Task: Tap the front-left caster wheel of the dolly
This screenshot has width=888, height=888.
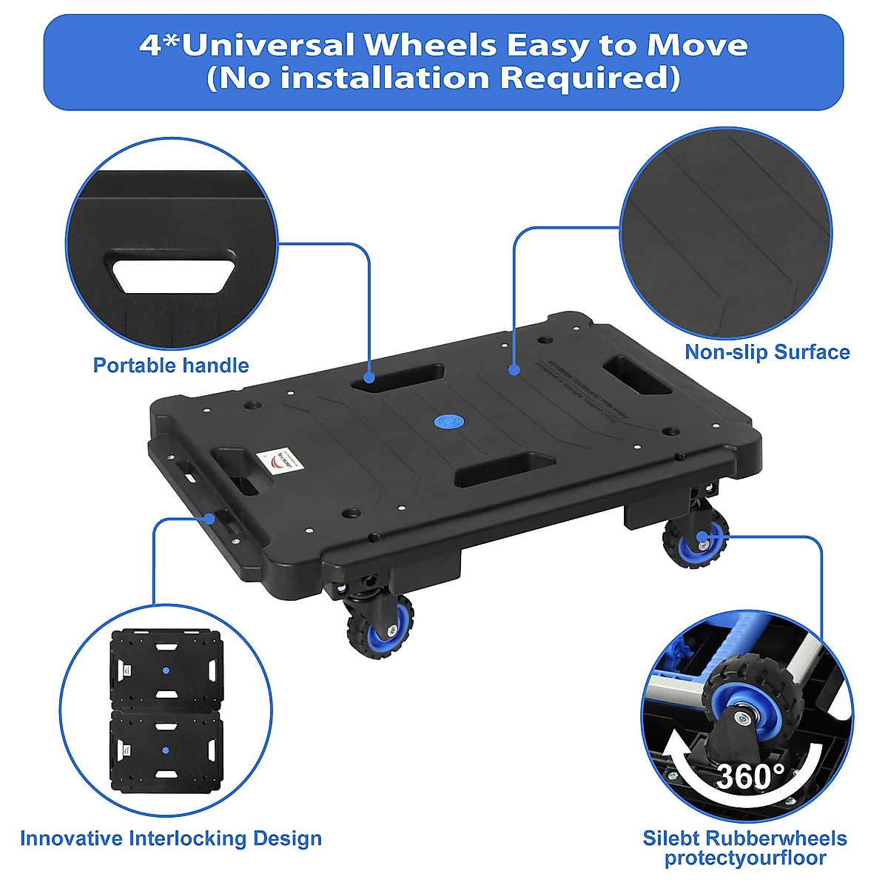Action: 380,623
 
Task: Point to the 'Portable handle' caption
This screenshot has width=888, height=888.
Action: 171,366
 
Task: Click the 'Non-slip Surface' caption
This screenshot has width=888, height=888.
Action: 767,352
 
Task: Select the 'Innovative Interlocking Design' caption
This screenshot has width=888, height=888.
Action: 171,838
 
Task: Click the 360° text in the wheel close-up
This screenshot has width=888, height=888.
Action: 750,777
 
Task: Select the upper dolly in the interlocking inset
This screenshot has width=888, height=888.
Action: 166,670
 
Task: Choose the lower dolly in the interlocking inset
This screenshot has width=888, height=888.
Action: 166,750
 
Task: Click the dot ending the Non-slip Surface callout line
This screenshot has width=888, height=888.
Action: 513,368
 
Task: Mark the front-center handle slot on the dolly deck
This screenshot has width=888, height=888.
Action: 505,470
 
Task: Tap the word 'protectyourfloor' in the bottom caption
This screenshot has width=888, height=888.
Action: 744,858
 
